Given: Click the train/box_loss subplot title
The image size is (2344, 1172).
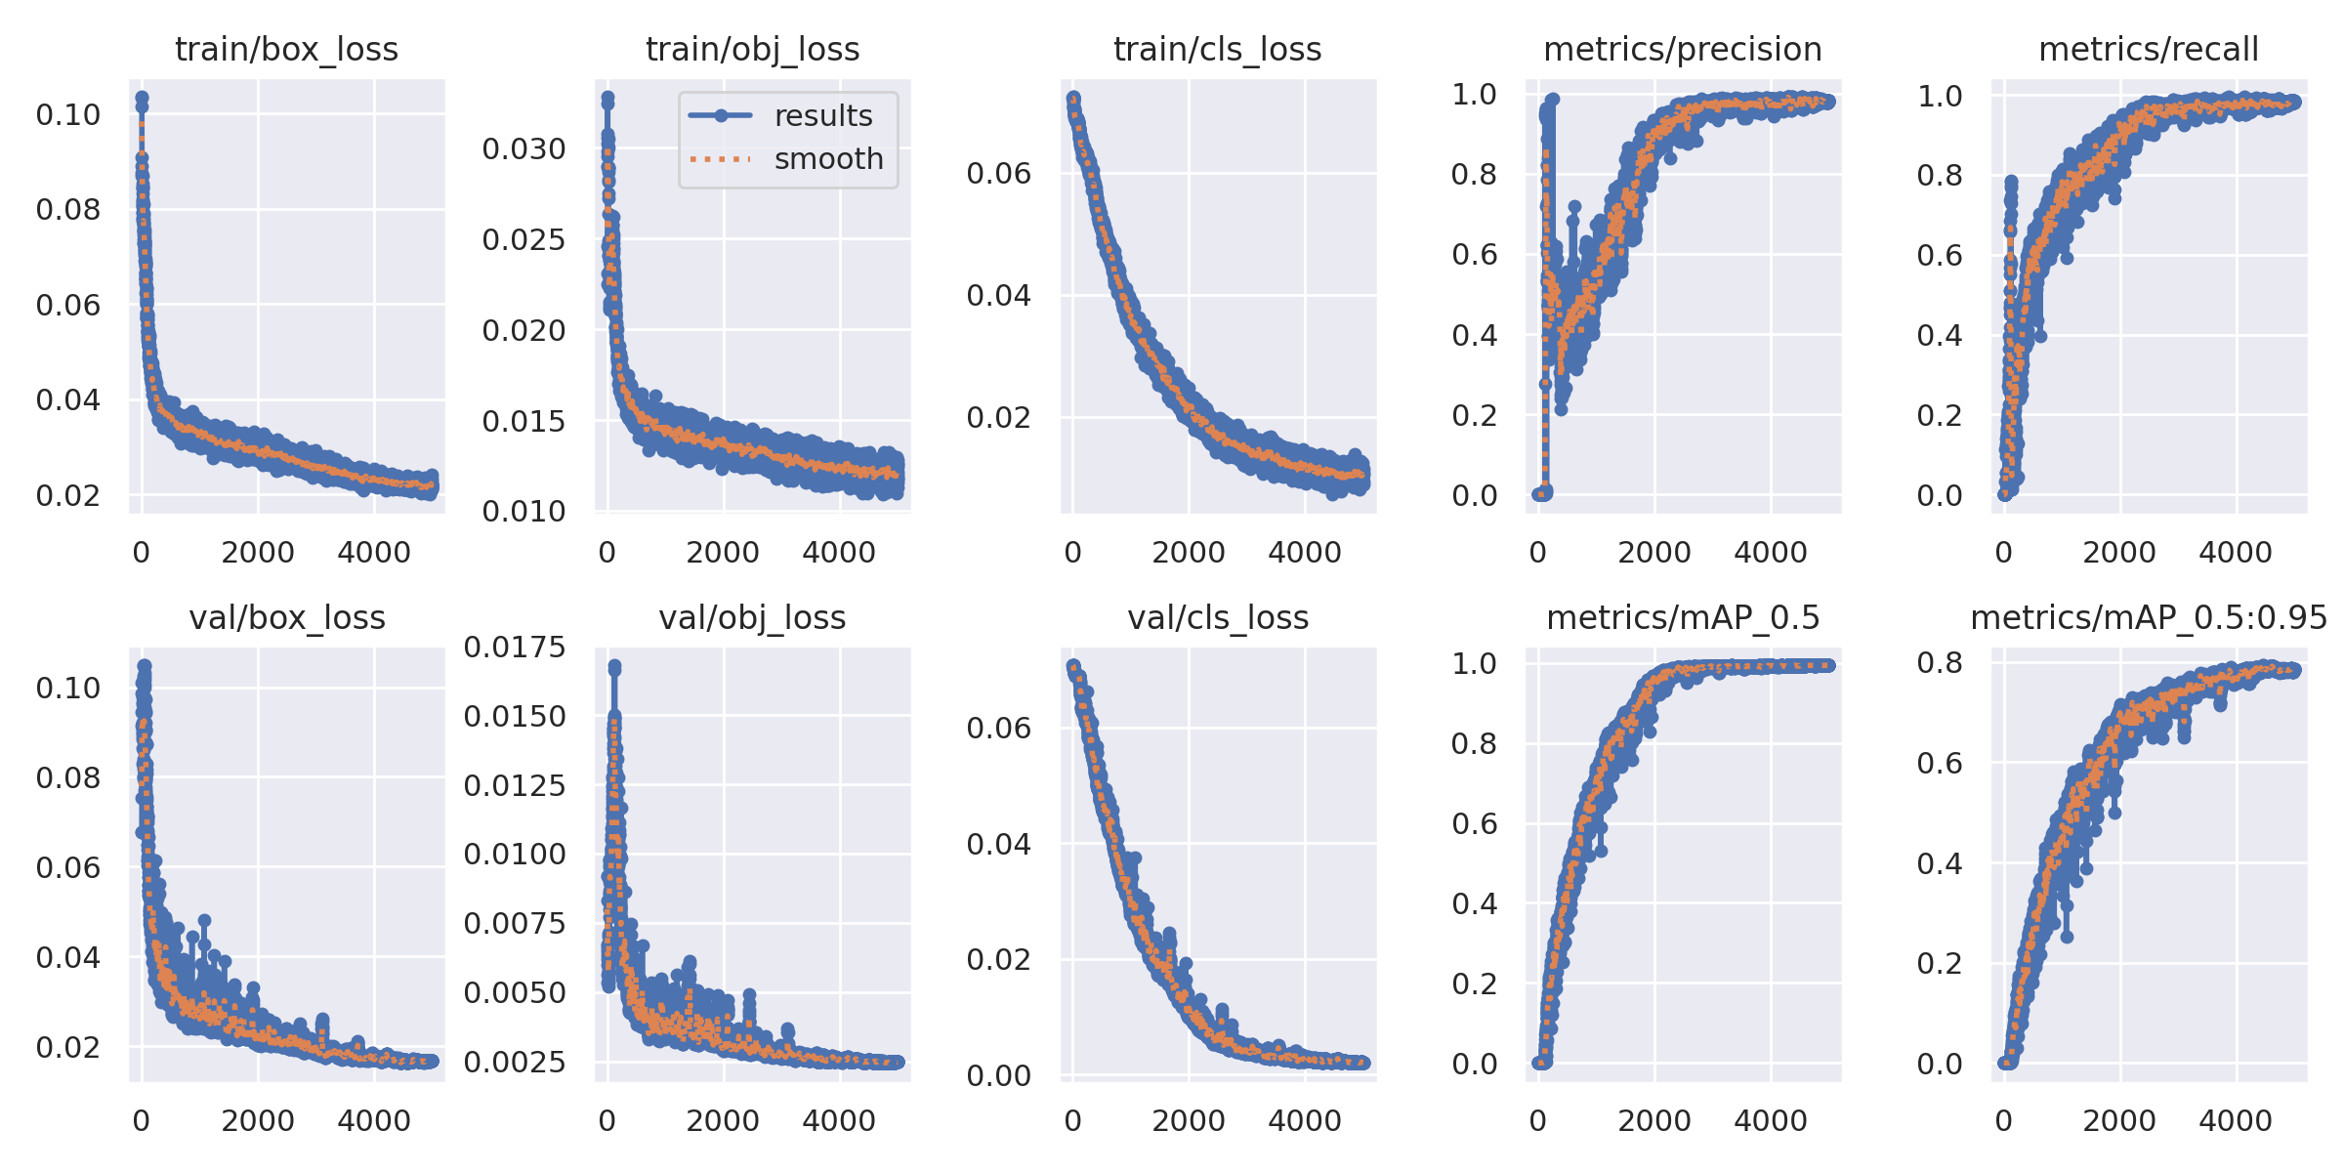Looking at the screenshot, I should click(286, 49).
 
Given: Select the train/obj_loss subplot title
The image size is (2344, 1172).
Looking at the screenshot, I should click(752, 49).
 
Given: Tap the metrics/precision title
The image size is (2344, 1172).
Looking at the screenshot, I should click(1682, 49).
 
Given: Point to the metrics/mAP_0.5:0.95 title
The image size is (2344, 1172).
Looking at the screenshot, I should click(2149, 617).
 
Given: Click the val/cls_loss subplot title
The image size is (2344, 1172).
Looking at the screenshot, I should click(1217, 617).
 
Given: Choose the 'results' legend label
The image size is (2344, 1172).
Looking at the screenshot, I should click(823, 116).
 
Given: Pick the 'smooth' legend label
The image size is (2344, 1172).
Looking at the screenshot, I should click(828, 158).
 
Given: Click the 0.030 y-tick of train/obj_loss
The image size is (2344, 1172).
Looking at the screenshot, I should click(523, 149).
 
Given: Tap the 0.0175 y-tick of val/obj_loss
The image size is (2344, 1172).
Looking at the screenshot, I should click(514, 647).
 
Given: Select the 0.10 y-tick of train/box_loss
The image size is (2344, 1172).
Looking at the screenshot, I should click(68, 115).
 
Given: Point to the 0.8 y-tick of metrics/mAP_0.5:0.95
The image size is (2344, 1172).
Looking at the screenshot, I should click(1940, 663).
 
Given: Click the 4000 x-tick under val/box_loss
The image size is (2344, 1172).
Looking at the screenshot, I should click(374, 1120).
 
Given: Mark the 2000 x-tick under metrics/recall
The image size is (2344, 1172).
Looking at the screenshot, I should click(2119, 553).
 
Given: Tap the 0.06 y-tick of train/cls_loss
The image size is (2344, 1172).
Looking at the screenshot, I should click(998, 174).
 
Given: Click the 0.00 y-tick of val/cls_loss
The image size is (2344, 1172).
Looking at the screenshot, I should click(998, 1075).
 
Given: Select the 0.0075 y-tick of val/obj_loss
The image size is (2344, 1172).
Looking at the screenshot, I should click(514, 923).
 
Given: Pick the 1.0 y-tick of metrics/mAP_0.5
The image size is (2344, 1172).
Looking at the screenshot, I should click(1474, 664).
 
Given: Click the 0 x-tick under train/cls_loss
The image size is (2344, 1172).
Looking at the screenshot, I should click(1072, 553).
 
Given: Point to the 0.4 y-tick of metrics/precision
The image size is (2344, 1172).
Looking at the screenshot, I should click(1474, 336).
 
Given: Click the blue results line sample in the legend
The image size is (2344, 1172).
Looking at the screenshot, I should click(721, 116).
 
